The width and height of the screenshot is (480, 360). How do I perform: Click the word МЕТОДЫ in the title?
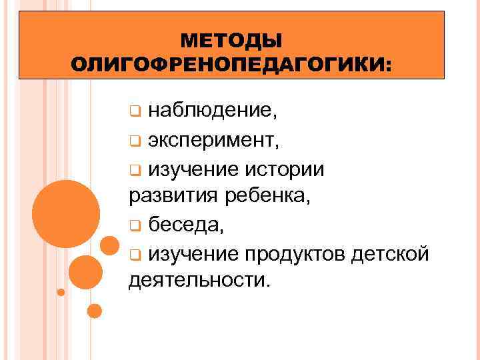pyautogui.click(x=231, y=41)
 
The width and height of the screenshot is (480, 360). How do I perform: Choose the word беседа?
pyautogui.click(x=185, y=225)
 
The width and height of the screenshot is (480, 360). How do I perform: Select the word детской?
pyautogui.click(x=395, y=254)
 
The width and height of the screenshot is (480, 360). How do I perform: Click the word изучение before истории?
pyautogui.click(x=193, y=169)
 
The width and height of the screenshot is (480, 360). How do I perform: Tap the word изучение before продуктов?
pyautogui.click(x=193, y=254)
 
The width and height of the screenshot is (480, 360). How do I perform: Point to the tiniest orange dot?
pyautogui.click(x=61, y=292)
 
